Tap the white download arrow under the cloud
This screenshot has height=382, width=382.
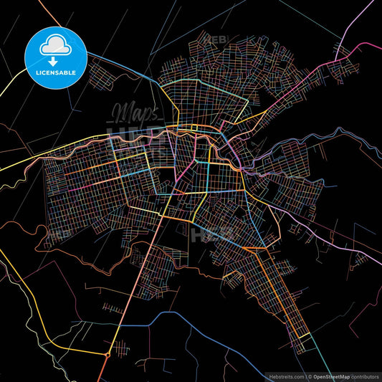point(54,52)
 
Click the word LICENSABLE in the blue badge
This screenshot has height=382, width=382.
point(54,72)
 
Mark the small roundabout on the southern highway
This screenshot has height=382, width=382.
point(108,355)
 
